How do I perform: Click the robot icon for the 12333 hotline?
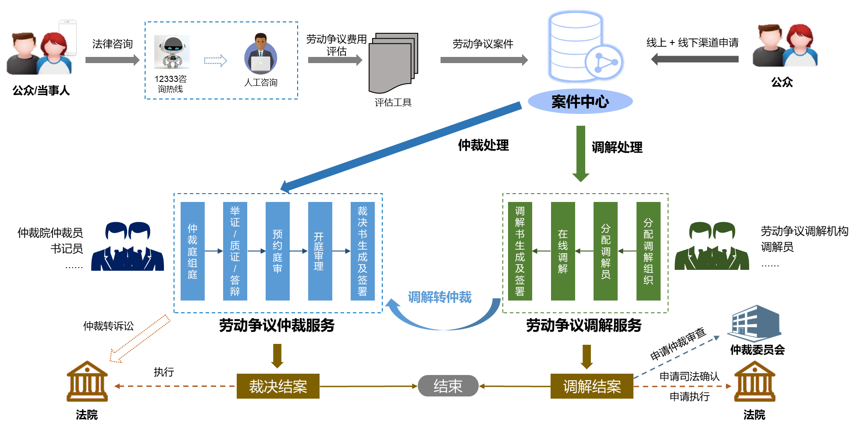point(172,52)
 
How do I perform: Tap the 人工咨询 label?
point(260,82)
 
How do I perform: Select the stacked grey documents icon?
point(393,63)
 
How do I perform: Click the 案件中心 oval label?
point(580,102)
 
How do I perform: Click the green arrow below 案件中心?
point(581,153)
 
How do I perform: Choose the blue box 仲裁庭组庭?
point(192,251)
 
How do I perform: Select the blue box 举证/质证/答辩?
point(235,251)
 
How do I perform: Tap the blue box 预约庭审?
point(277,251)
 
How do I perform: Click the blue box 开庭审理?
point(320,251)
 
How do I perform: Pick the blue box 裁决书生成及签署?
point(363,251)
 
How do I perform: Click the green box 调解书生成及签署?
point(520,251)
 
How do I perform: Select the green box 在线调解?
point(563,251)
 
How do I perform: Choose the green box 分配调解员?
point(605,251)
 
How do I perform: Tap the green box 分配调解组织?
point(648,251)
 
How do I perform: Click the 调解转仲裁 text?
point(440,297)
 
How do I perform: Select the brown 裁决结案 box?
point(278,386)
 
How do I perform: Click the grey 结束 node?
point(448,386)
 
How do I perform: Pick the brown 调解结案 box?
point(592,386)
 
